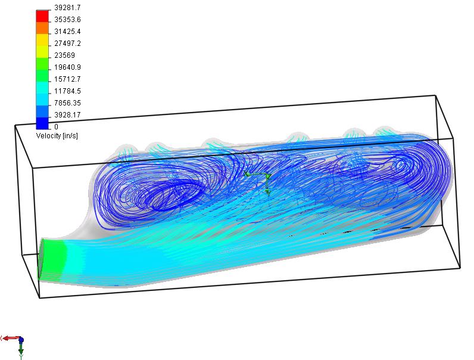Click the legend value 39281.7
[67, 8]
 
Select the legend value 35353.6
[67, 20]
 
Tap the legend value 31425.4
[67, 32]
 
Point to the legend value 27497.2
[67, 44]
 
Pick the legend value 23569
[64, 55]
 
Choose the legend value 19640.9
[67, 67]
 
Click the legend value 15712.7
[67, 79]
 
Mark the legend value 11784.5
[67, 91]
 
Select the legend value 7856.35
[67, 103]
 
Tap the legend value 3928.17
[67, 115]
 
